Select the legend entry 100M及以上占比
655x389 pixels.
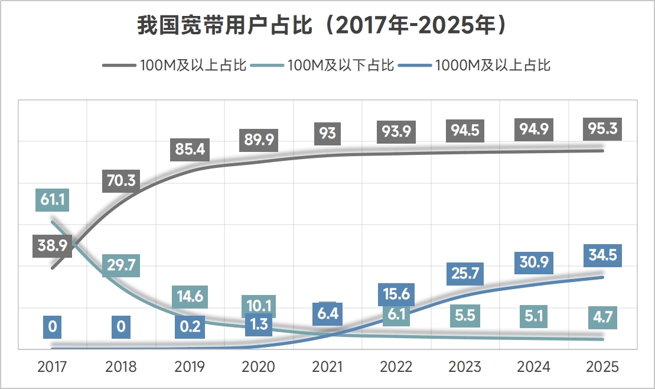point(193,65)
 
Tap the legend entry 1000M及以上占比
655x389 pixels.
point(493,65)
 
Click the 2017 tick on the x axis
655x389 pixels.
point(52,367)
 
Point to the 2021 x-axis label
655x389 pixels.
point(327,367)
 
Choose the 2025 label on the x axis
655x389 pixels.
point(602,367)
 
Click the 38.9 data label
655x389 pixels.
point(52,245)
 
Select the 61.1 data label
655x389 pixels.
point(52,199)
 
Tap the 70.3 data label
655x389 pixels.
point(122,180)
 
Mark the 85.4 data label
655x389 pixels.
point(190,149)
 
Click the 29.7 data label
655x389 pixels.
point(121,266)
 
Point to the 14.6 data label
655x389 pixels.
point(190,296)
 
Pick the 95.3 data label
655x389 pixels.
point(602,128)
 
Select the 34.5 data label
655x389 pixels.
point(602,255)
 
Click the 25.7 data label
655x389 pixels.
point(465,274)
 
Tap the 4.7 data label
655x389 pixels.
point(602,317)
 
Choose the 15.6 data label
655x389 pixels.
point(396,294)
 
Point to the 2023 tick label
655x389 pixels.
point(465,367)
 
